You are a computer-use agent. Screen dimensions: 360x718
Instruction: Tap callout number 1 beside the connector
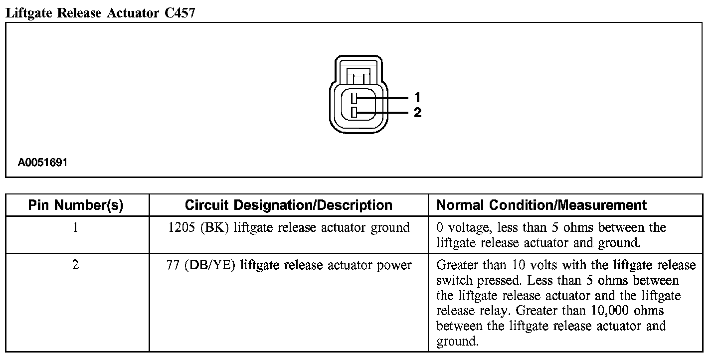tap(418, 97)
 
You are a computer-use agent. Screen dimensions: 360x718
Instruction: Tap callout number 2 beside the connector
tap(418, 113)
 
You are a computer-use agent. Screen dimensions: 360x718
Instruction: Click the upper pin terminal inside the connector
tap(354, 98)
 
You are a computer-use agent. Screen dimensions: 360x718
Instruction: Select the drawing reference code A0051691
tap(42, 163)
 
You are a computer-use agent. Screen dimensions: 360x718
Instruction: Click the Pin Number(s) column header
tap(76, 205)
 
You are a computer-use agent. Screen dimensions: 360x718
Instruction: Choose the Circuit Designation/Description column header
tap(289, 205)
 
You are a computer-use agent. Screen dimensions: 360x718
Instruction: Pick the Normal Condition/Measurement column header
tap(541, 205)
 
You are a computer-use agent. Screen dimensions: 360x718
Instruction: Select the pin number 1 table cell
tap(75, 228)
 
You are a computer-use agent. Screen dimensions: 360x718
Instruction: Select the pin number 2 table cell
tap(75, 265)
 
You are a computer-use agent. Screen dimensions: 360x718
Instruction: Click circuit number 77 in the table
tap(173, 265)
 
